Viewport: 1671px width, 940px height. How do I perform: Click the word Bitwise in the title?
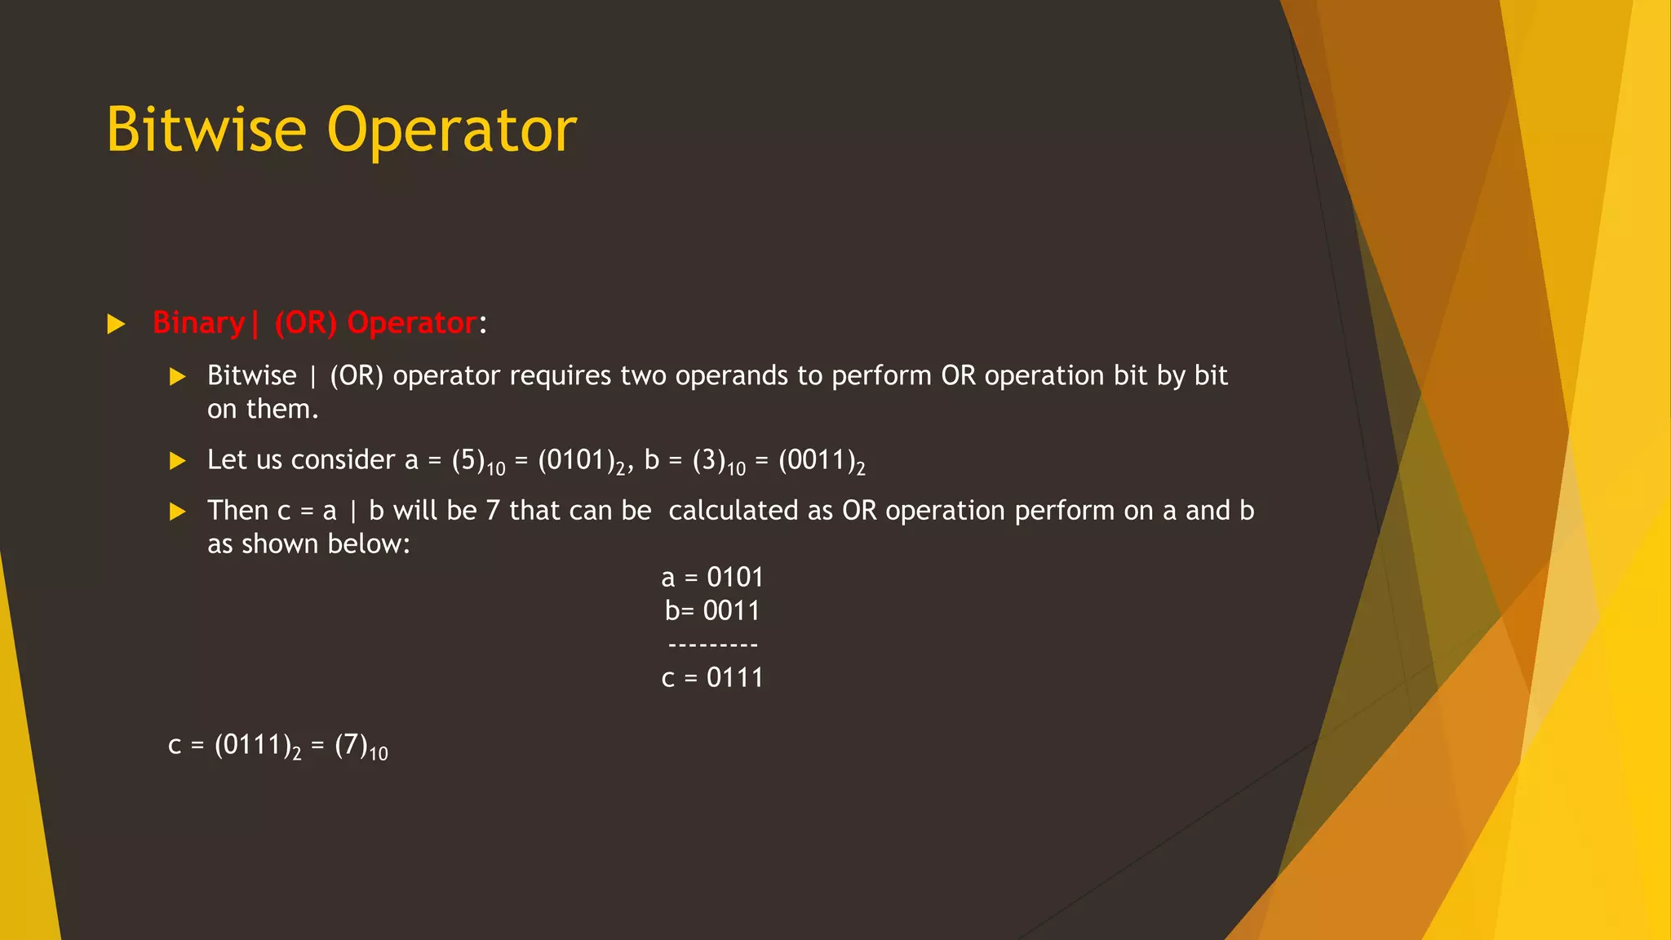click(206, 131)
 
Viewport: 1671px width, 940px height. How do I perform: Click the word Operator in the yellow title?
click(452, 131)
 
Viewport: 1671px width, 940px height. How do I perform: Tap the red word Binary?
click(198, 323)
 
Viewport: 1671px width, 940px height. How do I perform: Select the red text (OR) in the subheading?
click(305, 323)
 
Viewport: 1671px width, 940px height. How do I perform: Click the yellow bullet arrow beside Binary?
click(116, 325)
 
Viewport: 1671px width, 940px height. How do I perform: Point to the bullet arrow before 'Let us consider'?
click(177, 461)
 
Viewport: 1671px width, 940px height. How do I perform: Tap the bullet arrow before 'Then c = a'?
click(177, 512)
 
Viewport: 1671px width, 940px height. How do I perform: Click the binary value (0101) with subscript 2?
click(581, 461)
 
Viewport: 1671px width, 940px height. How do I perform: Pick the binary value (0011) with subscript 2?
click(822, 461)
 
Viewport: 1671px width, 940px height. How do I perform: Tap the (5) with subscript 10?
click(478, 461)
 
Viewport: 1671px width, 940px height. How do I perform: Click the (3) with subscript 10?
click(719, 461)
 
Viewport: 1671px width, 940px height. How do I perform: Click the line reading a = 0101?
click(712, 578)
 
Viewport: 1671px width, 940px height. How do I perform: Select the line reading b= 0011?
click(712, 611)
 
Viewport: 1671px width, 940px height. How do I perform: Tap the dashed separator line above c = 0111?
click(712, 645)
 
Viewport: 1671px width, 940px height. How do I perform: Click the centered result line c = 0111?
click(712, 678)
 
